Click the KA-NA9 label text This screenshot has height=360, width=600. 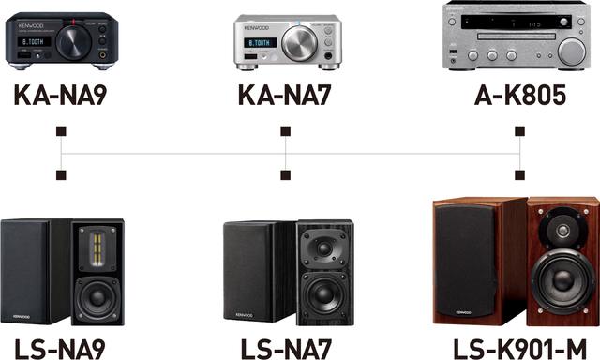(62, 97)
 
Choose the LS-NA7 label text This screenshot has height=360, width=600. (286, 348)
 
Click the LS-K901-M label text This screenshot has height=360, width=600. (521, 348)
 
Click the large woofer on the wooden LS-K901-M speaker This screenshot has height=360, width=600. (564, 282)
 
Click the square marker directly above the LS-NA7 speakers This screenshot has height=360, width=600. (286, 174)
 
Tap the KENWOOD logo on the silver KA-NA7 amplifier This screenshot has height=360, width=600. (257, 27)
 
